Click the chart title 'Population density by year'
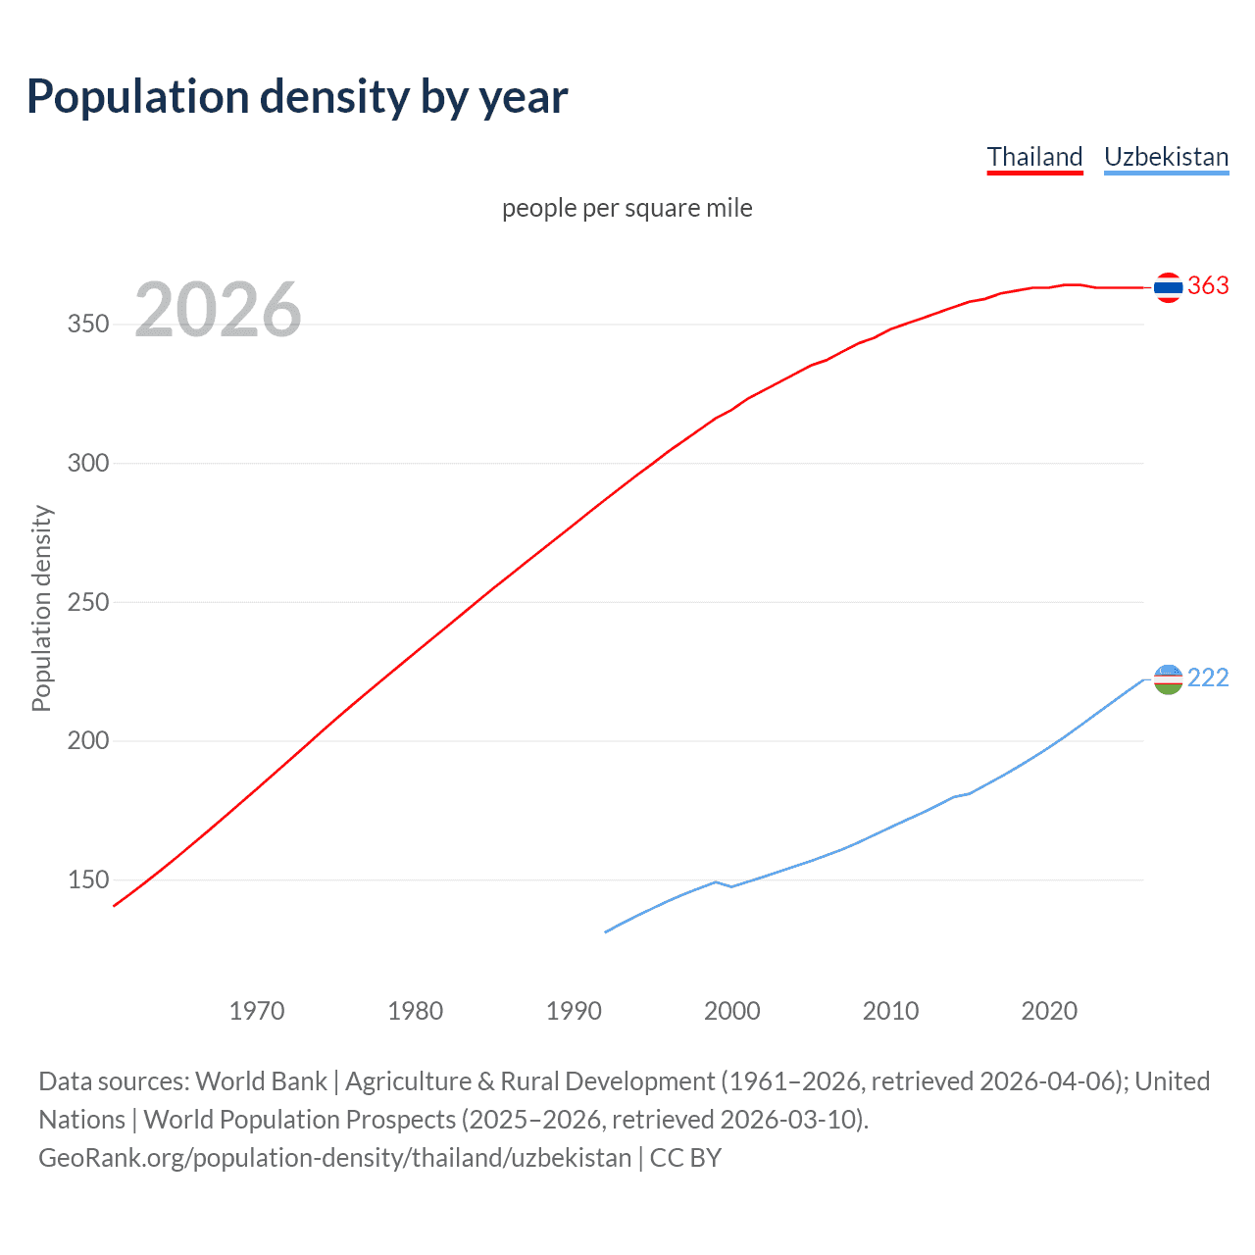click(x=297, y=97)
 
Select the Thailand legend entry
click(x=1034, y=157)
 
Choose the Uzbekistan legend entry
click(x=1166, y=157)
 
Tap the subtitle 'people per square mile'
click(x=627, y=208)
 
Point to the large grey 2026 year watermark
click(x=218, y=310)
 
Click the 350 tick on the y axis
click(x=87, y=325)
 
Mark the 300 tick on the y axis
click(x=87, y=463)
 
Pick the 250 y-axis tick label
click(x=87, y=602)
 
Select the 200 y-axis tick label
click(x=87, y=741)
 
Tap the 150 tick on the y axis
click(x=87, y=880)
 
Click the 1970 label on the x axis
click(x=257, y=1011)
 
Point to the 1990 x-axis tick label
click(x=574, y=1011)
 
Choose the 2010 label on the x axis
click(x=890, y=1011)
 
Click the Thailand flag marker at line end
click(x=1168, y=287)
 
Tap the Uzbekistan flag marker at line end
click(x=1168, y=678)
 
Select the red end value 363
click(x=1208, y=285)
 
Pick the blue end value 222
click(x=1208, y=678)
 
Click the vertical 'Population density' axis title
click(x=41, y=608)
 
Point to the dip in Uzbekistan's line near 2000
click(x=731, y=886)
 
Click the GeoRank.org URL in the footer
click(x=334, y=1158)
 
